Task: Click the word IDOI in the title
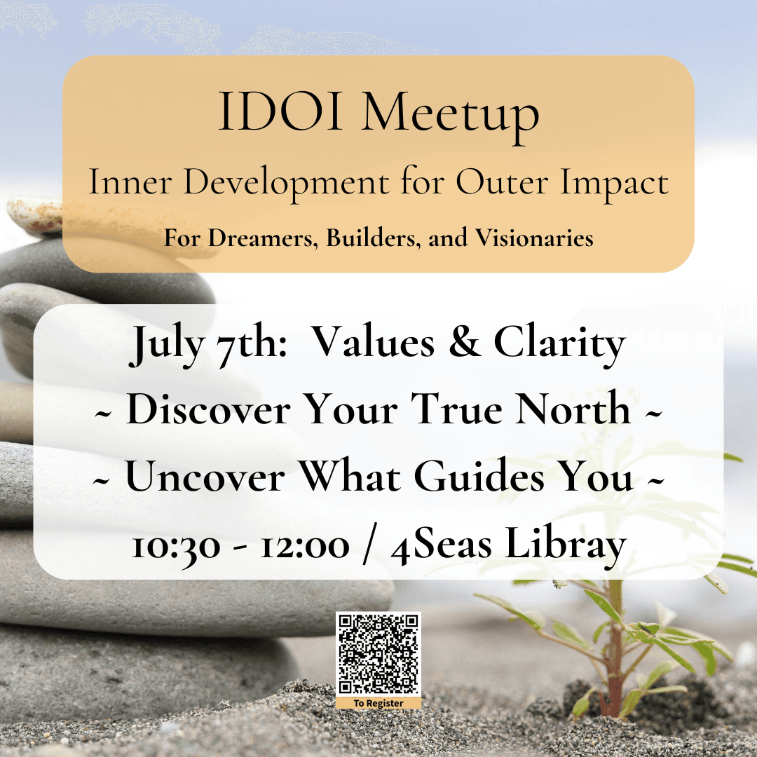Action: point(280,111)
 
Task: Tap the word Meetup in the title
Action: point(450,116)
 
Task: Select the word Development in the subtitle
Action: point(286,184)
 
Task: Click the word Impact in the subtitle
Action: point(614,184)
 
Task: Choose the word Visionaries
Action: point(534,238)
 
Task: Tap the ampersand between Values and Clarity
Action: point(464,342)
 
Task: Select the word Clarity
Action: point(559,343)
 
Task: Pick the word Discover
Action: point(208,409)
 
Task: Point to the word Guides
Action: point(479,476)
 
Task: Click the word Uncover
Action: point(205,476)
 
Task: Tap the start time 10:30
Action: point(176,547)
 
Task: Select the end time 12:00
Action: point(305,546)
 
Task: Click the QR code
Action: point(378,654)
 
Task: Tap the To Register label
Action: point(378,703)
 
